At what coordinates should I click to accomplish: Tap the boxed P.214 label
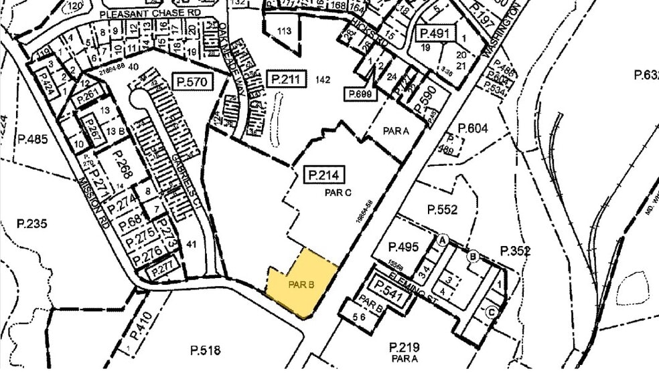[325, 176]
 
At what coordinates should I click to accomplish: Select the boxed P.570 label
[193, 82]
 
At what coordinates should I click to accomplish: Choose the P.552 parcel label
[443, 210]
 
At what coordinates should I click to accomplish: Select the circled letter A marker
[442, 239]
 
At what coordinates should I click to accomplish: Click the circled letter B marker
[473, 255]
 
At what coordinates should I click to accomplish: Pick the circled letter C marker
[492, 310]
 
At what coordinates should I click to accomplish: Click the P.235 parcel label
[33, 224]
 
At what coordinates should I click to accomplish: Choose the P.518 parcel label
[205, 350]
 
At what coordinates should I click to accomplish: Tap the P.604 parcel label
[472, 128]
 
